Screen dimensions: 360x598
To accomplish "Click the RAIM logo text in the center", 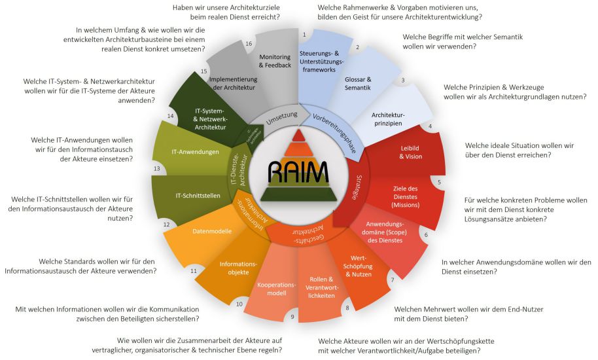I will point(298,173).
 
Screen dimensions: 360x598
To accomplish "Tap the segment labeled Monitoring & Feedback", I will point(275,61).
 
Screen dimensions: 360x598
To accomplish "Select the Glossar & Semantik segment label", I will point(357,83).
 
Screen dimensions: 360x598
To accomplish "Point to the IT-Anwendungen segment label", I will point(195,152).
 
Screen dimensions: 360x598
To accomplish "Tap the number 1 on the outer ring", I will point(304,34).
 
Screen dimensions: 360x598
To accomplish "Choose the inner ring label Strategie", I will point(358,180).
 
